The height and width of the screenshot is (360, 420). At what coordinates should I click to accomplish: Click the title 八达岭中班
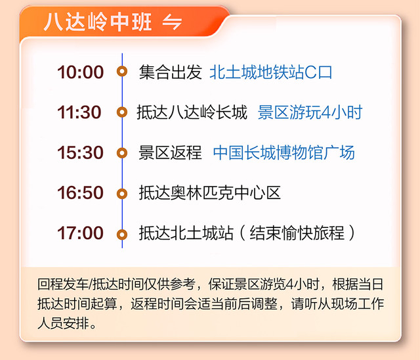[98, 22]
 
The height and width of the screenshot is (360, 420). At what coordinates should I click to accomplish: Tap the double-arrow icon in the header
[172, 22]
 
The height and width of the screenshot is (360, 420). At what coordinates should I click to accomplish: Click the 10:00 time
[80, 72]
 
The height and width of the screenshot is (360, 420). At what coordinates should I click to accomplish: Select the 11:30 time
[79, 112]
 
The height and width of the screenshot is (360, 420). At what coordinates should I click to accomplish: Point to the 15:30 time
[80, 152]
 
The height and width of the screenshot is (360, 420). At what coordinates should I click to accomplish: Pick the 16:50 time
[80, 192]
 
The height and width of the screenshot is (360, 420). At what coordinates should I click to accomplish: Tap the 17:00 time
[80, 233]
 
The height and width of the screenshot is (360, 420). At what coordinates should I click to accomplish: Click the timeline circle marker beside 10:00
[122, 72]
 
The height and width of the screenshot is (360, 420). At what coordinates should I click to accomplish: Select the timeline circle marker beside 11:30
[122, 112]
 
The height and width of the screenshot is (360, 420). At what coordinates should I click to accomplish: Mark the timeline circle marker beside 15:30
[122, 153]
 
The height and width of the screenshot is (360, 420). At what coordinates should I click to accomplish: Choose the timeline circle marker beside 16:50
[122, 194]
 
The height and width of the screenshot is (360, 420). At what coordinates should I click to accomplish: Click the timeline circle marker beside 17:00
[122, 235]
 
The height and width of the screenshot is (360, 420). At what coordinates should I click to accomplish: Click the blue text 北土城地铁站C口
[271, 72]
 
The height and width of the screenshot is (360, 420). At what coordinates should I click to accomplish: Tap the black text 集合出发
[171, 72]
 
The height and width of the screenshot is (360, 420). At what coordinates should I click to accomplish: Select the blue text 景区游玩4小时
[310, 112]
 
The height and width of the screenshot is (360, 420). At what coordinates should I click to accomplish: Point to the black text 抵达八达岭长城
[192, 112]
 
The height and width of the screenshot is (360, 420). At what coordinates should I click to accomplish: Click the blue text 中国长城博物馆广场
[284, 152]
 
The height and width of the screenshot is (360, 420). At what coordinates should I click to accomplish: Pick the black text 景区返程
[170, 152]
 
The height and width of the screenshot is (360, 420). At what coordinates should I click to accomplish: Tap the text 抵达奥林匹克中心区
[210, 192]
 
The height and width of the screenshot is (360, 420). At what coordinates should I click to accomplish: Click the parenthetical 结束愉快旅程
[297, 233]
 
